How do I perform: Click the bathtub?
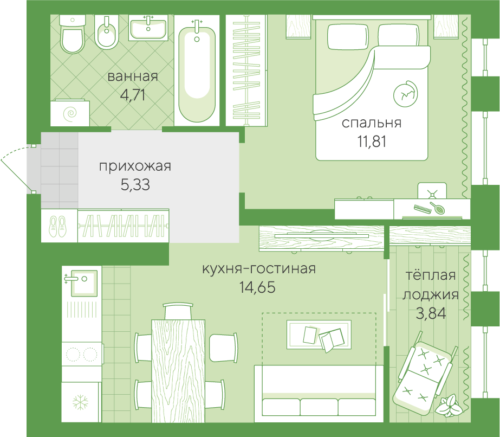tap(197, 72)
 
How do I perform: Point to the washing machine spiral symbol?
tap(70, 113)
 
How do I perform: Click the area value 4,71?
tap(133, 95)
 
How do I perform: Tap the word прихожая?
tap(135, 166)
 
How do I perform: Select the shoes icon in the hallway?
tap(58, 226)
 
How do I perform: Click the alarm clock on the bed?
tap(405, 94)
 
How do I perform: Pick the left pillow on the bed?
tap(348, 37)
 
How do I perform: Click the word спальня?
tap(372, 123)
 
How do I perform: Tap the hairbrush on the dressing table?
tap(438, 208)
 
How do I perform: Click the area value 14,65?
tap(257, 287)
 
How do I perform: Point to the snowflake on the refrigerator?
tap(80, 402)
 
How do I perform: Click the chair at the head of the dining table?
tap(178, 311)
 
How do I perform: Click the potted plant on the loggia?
tap(449, 405)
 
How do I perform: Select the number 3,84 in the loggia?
tap(431, 313)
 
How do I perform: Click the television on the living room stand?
tap(321, 235)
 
